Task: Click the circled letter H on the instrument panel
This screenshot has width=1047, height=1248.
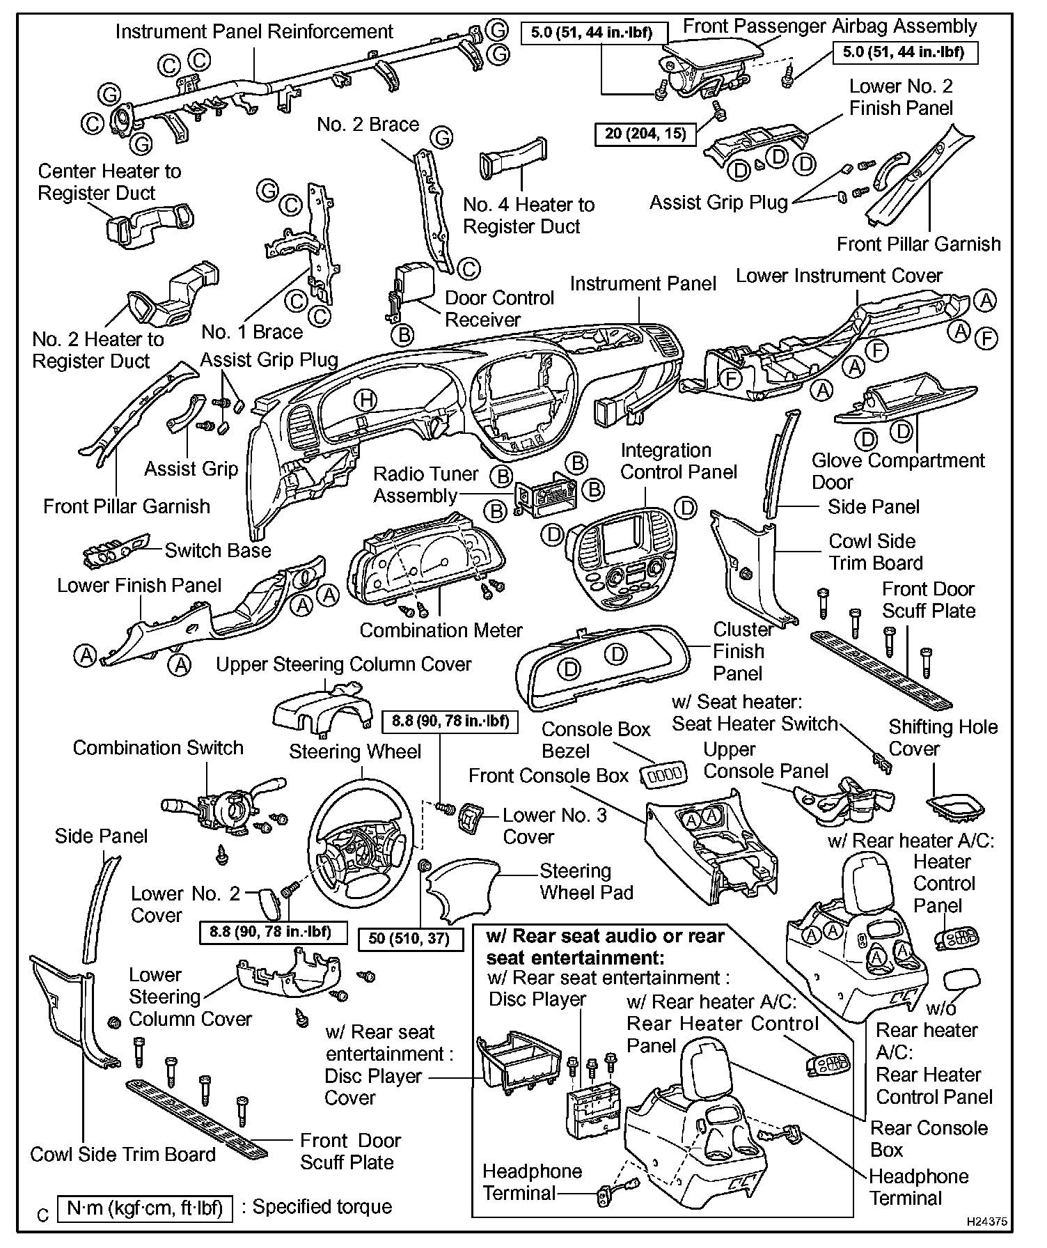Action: tap(365, 400)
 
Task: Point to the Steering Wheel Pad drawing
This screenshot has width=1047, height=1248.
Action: tap(470, 887)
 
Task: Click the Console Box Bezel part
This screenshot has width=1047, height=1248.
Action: tap(663, 774)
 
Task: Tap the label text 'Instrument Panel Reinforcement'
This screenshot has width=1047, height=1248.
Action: tap(254, 31)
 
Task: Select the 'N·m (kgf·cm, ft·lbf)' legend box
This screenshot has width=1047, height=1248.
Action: tap(145, 1208)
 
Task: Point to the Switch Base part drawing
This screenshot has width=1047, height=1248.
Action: tap(115, 553)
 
